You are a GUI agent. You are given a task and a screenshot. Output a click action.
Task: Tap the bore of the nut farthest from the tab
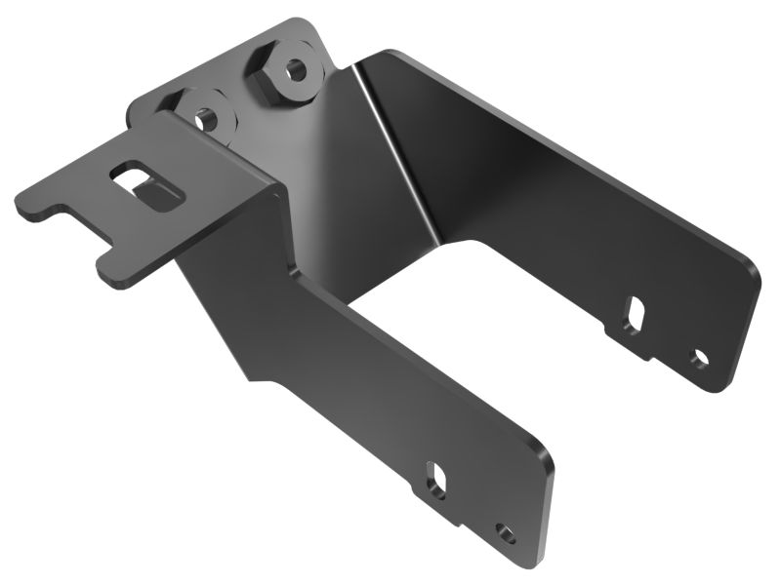coord(293,71)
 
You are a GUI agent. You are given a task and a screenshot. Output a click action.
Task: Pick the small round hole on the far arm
coord(699,358)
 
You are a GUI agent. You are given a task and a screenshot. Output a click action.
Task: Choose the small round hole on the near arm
coord(505,532)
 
